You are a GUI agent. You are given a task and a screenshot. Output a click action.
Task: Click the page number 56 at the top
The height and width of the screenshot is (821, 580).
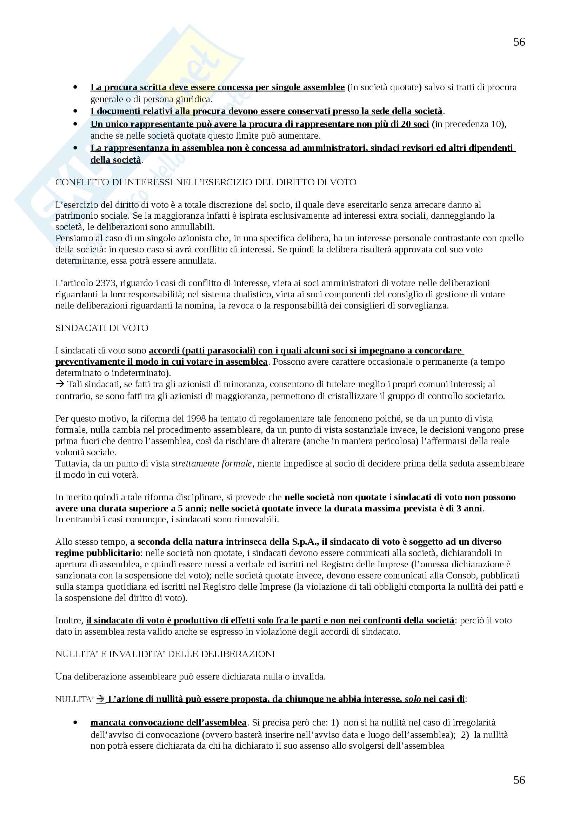(x=519, y=42)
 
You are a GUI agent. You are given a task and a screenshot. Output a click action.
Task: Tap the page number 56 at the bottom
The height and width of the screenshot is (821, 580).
(x=519, y=780)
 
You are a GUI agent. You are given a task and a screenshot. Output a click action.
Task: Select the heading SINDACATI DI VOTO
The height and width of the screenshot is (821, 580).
(x=102, y=328)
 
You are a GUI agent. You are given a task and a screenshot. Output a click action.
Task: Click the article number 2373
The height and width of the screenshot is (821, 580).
(x=106, y=283)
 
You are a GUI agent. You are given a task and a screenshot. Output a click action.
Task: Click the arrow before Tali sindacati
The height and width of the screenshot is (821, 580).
(x=60, y=384)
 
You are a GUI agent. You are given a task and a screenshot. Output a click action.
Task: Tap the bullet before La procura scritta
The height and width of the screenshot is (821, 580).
(x=75, y=87)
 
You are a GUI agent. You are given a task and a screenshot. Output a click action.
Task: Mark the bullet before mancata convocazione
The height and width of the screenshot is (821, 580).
(x=75, y=723)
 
